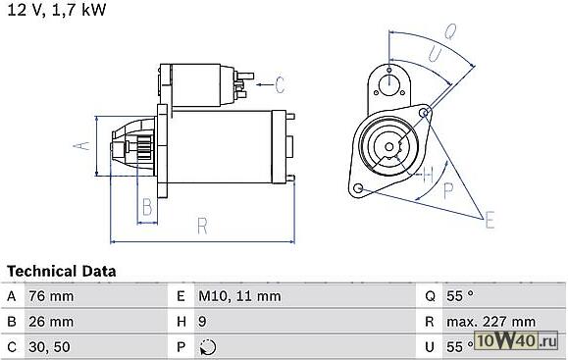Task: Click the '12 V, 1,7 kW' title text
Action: (x=57, y=9)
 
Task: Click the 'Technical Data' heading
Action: (x=61, y=272)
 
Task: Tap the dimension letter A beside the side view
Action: (x=81, y=145)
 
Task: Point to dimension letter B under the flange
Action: (x=147, y=207)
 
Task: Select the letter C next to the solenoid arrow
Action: (x=280, y=85)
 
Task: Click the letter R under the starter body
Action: (x=202, y=226)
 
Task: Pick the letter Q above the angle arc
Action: (x=450, y=31)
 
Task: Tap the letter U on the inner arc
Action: (x=435, y=54)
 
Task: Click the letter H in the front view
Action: (x=428, y=175)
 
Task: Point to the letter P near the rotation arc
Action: (x=448, y=189)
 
